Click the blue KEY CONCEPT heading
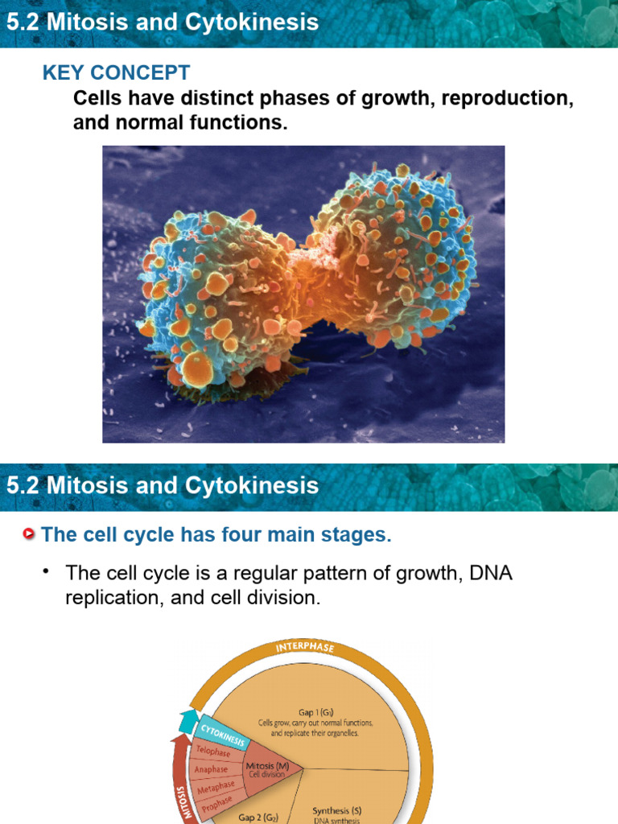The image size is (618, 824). coord(116,72)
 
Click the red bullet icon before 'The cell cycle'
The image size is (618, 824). coord(30,534)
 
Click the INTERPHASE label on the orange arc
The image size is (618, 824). coord(304,647)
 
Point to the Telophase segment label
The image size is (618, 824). coord(213,752)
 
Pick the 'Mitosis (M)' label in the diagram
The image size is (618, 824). coord(268,765)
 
